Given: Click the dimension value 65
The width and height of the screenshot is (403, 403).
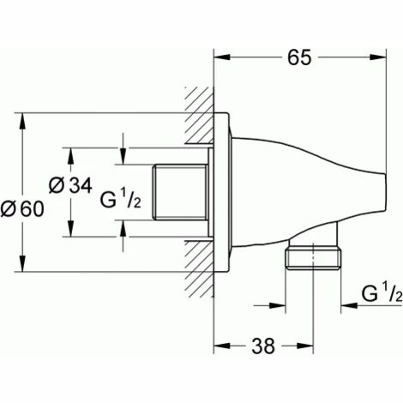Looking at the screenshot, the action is pyautogui.click(x=299, y=57).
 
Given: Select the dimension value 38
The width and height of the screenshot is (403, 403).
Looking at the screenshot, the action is pyautogui.click(x=263, y=346).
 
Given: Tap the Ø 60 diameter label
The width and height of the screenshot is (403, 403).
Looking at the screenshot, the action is pyautogui.click(x=22, y=208).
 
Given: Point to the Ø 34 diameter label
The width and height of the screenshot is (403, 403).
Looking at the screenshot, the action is pyautogui.click(x=70, y=185).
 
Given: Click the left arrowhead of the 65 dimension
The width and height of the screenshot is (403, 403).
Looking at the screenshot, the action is pyautogui.click(x=222, y=57).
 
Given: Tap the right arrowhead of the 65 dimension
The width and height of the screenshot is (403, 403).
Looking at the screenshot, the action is pyautogui.click(x=378, y=57).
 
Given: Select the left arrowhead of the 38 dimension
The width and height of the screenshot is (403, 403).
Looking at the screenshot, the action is pyautogui.click(x=222, y=346).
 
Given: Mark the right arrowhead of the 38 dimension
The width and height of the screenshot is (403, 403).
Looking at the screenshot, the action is pyautogui.click(x=305, y=346).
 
